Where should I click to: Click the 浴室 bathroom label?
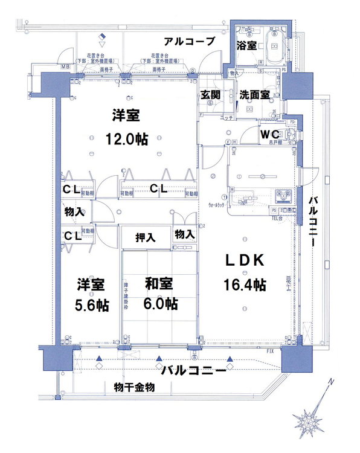[x=245, y=45]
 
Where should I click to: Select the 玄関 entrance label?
[x=210, y=94]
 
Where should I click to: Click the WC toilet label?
[x=268, y=133]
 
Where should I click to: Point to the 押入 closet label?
[x=145, y=237]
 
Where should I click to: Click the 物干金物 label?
[x=134, y=387]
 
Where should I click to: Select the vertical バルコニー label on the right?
[x=313, y=220]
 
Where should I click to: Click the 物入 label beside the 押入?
[x=184, y=234]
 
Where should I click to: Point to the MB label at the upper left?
[x=65, y=66]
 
